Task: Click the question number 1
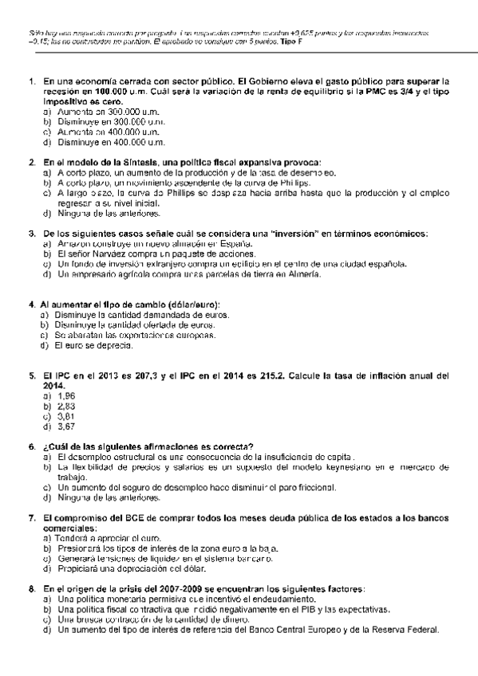pyautogui.click(x=31, y=81)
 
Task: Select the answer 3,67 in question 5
pyautogui.click(x=66, y=426)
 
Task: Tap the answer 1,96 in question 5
pyautogui.click(x=66, y=395)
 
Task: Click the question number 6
pyautogui.click(x=31, y=446)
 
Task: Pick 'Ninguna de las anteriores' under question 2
pyautogui.click(x=108, y=214)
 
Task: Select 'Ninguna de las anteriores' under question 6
pyautogui.click(x=108, y=498)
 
